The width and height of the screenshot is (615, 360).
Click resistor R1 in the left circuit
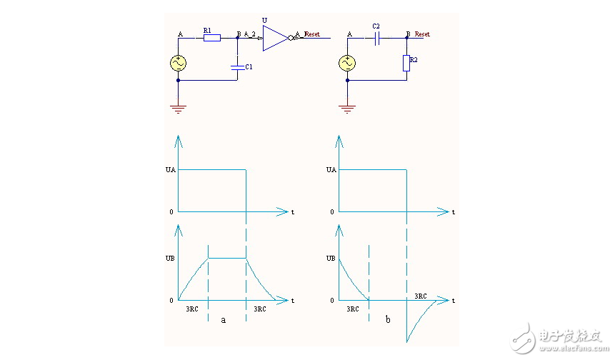pos(211,37)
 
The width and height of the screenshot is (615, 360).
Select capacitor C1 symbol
pos(238,66)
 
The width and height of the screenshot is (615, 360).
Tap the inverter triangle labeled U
pos(274,38)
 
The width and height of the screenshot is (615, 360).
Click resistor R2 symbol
pos(406,64)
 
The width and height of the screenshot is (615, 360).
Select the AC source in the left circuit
pos(178,64)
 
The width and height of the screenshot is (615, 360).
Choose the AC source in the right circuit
pos(347,64)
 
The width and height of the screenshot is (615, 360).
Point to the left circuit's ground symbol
pos(178,108)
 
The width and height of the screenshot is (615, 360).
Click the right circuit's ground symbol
pos(347,108)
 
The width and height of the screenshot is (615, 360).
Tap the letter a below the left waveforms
pos(223,320)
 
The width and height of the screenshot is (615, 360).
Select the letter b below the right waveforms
pos(388,320)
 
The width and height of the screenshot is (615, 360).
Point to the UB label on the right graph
pos(330,258)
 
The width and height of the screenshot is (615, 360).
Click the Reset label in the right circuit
pos(422,34)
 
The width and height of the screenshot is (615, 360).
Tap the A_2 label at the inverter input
pos(250,34)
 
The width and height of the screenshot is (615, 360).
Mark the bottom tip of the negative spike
pos(407,341)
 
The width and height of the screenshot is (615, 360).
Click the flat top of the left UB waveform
pos(227,258)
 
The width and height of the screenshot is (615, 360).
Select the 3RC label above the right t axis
pos(421,295)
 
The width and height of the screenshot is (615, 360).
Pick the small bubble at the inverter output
pos(291,38)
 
